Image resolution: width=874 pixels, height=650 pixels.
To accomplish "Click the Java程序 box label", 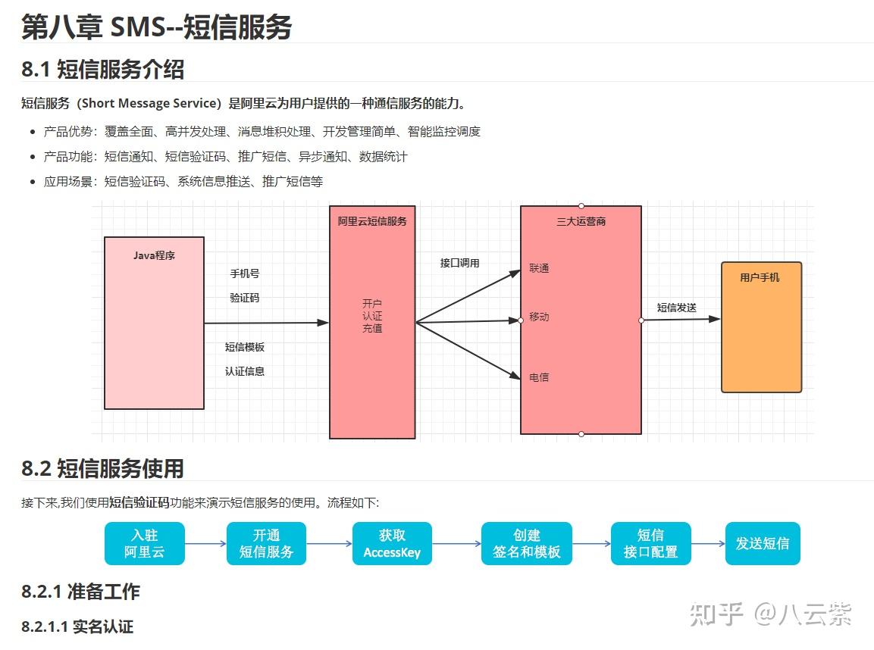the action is coord(154,255).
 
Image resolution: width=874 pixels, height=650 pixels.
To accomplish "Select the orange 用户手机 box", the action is coord(761,327).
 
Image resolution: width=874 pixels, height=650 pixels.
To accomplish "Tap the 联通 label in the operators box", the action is coord(539,268).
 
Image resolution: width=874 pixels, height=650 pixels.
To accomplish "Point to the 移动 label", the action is coord(539,317).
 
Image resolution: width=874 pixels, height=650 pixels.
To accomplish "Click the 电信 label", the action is coord(539,377).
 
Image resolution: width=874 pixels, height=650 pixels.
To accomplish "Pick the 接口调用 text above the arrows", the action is coord(460,263).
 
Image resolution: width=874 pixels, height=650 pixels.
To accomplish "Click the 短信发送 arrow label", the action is coord(677,308).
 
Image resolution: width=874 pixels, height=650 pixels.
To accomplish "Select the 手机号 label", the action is coord(245,273).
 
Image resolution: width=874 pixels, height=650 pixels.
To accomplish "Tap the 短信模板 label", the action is coord(245,347).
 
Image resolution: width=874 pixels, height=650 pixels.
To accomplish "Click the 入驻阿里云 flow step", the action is coord(144,544).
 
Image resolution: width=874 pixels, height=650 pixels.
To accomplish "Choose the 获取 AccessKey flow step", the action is coord(392,544).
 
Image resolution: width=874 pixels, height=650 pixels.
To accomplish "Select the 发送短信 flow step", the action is coord(763,544).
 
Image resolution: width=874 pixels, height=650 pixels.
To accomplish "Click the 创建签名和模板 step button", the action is coord(527,544).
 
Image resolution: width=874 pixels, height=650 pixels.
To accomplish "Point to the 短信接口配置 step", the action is coord(651,544).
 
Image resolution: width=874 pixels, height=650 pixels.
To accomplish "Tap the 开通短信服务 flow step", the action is coord(266,544).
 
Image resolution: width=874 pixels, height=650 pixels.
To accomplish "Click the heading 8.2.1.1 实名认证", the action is coord(77,627).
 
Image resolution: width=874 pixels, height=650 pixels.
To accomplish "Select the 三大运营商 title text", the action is coord(581,222).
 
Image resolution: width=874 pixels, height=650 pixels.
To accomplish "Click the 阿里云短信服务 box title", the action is coord(372,221).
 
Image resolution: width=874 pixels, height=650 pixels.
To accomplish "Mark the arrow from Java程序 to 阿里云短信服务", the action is coord(266,323).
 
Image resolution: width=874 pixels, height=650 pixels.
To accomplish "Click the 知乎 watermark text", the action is coord(717,614).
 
